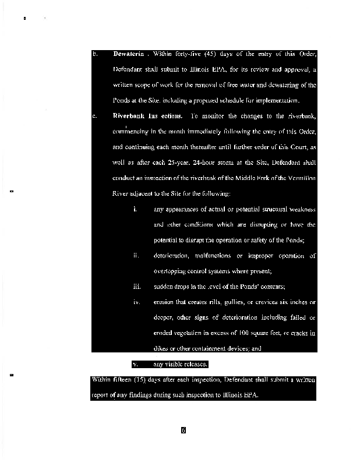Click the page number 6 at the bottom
[x=183, y=431]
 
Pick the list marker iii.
[x=137, y=287]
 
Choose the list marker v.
[x=135, y=365]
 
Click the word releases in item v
[x=195, y=365]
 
